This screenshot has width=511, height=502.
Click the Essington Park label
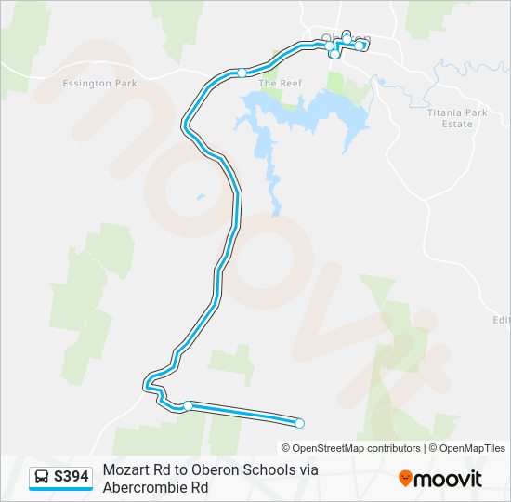[x=99, y=84]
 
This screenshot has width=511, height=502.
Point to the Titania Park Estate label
[x=457, y=118]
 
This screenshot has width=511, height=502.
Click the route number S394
[x=72, y=477]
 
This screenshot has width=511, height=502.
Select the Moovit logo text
[x=449, y=479]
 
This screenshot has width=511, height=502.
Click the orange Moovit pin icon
[x=405, y=478]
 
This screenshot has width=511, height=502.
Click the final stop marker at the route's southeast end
[x=299, y=424]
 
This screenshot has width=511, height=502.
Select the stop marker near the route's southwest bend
[x=188, y=405]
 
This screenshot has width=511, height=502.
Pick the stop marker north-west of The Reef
[x=242, y=73]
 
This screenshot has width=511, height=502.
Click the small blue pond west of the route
[x=199, y=196]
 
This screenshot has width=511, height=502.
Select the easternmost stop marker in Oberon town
[x=360, y=46]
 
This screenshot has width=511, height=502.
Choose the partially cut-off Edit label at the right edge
[x=502, y=320]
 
